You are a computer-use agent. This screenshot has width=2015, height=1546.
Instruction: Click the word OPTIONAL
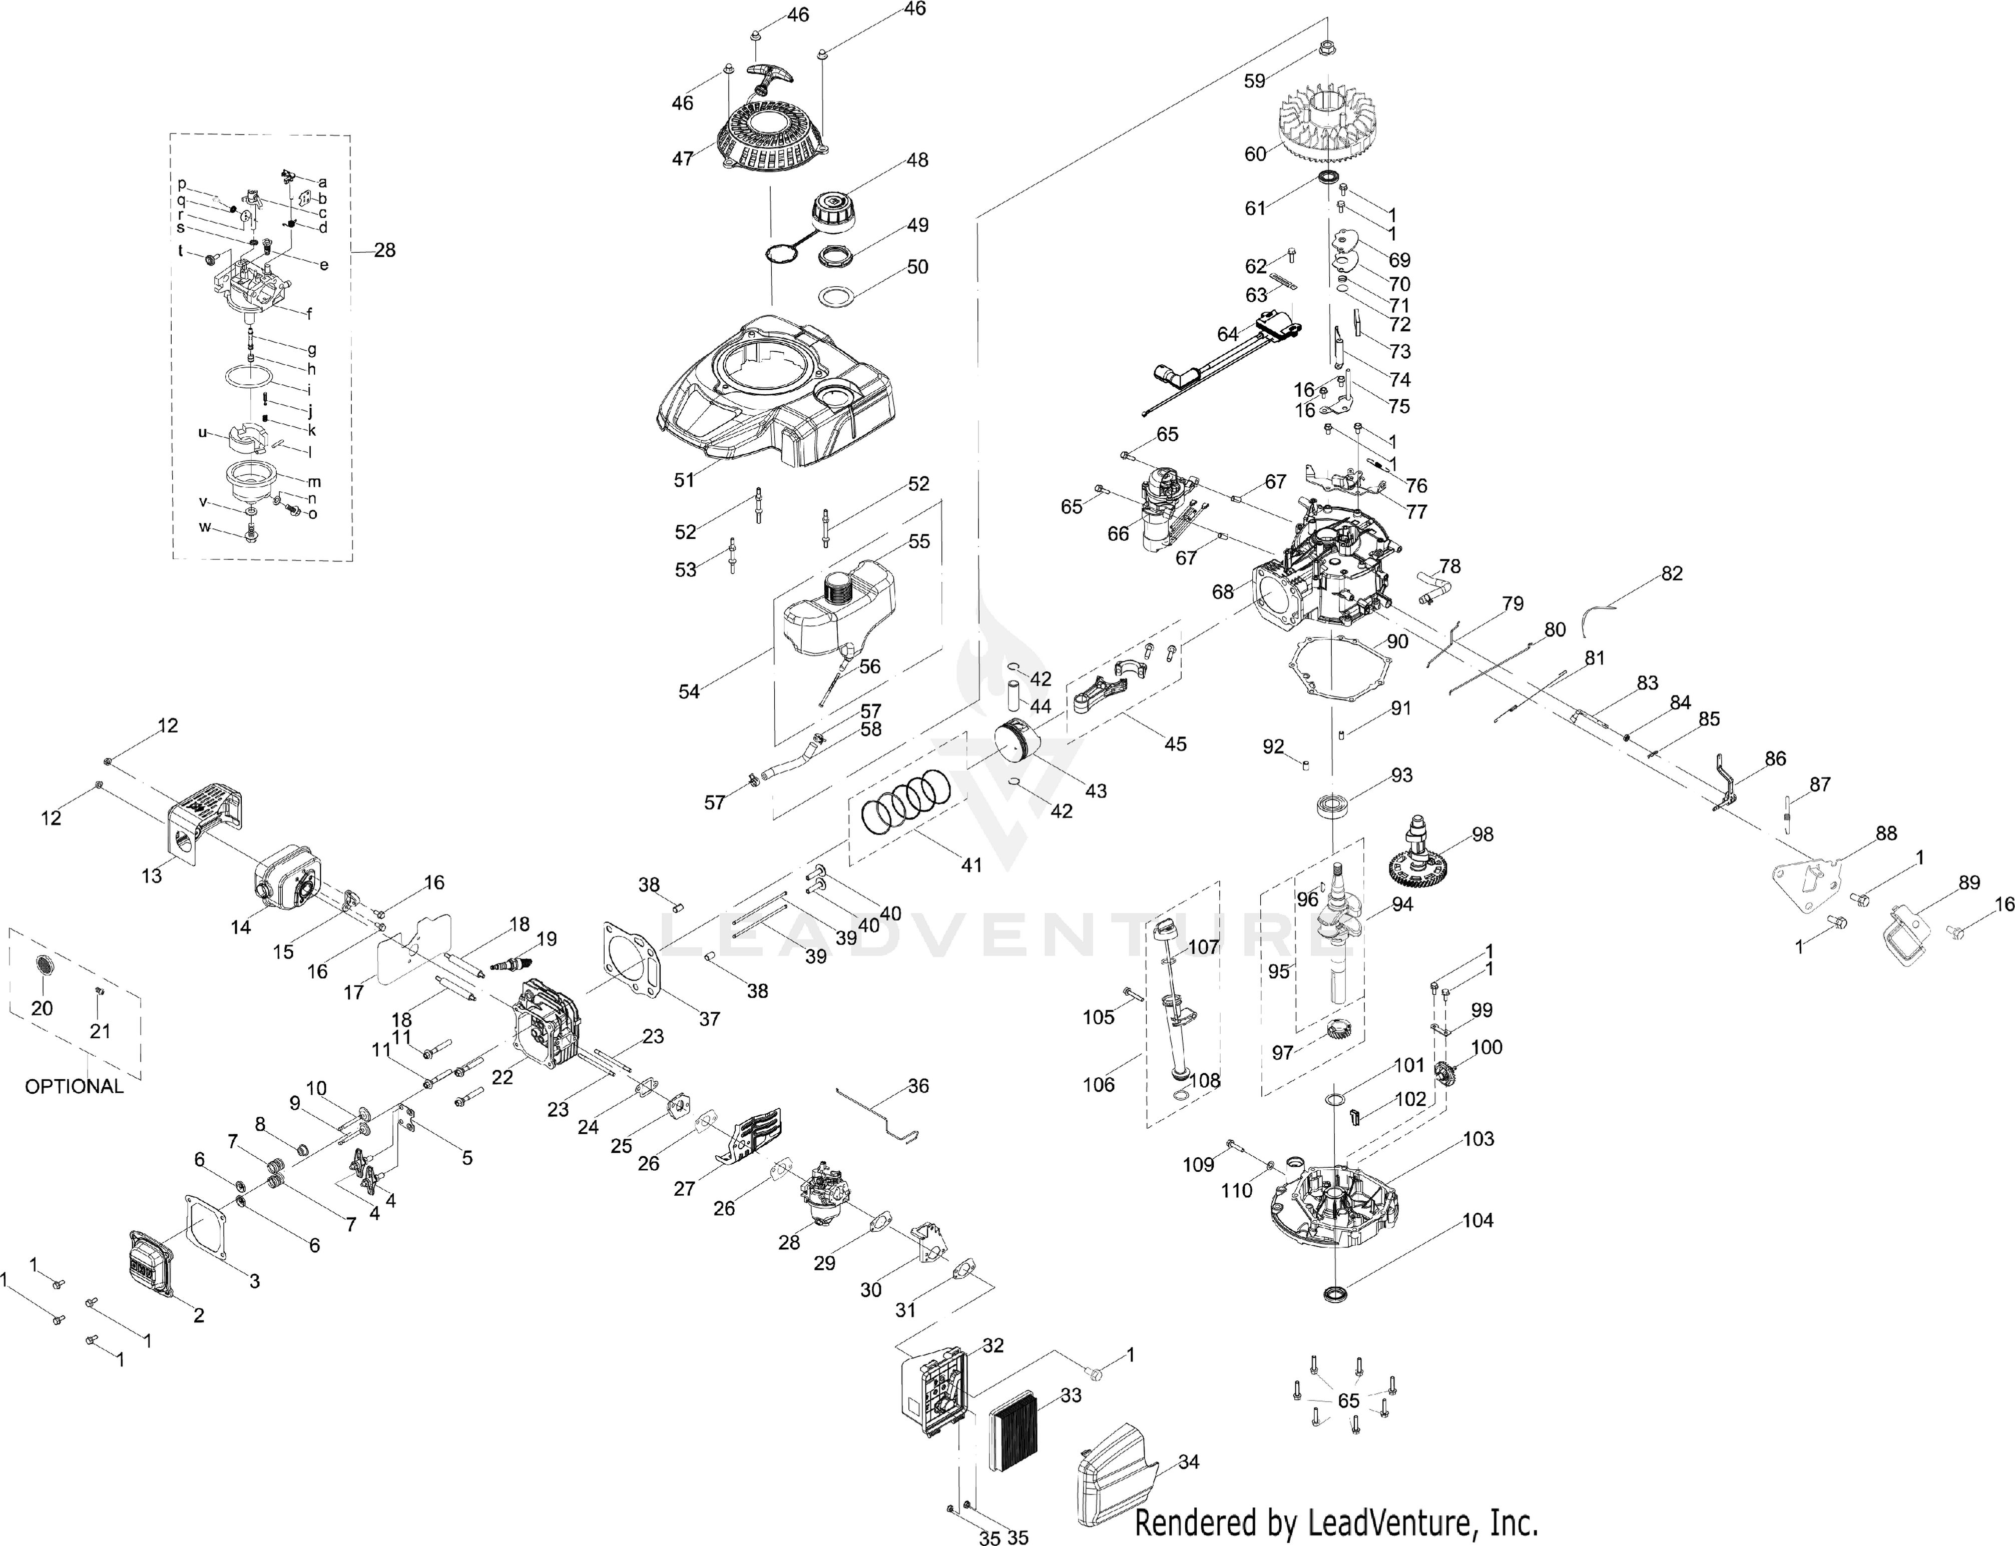point(74,1086)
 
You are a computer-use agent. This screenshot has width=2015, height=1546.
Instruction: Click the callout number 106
point(1098,1085)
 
